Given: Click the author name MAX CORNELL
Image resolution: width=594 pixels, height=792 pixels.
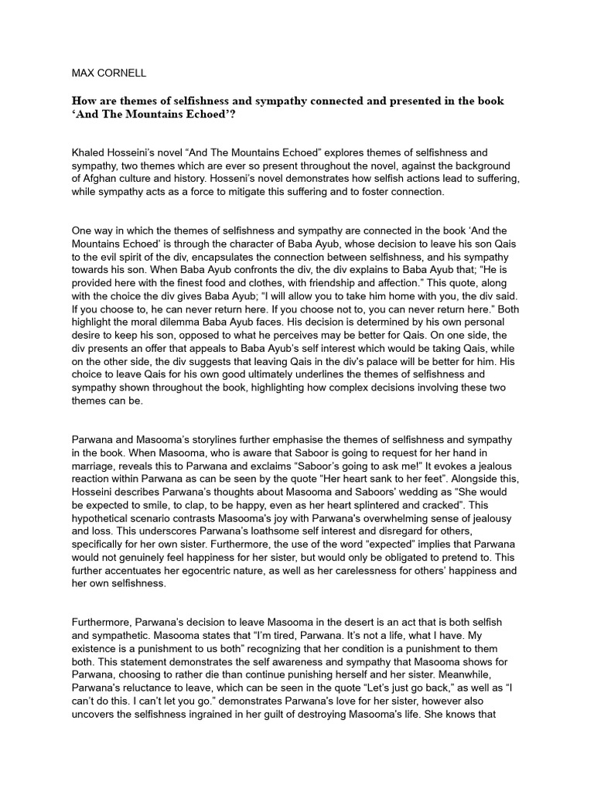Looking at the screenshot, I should point(109,73).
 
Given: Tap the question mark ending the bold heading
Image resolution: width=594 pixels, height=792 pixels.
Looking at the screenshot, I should point(234,115).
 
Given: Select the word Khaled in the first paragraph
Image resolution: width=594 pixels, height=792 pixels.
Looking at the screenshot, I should point(90,153).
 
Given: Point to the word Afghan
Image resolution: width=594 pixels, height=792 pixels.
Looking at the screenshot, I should point(104,178).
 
